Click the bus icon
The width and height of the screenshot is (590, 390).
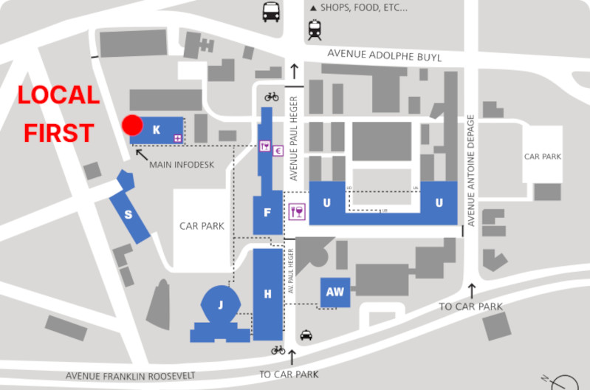pos(271,12)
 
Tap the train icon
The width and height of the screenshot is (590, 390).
pos(315,30)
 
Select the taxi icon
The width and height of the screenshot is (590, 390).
pos(306,335)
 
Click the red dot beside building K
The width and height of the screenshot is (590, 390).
pos(132,125)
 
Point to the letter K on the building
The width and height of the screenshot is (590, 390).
pos(157,130)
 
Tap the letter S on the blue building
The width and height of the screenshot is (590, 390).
pos(128,215)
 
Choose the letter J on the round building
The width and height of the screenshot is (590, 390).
pos(220,304)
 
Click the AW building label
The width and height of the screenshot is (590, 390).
pos(335,292)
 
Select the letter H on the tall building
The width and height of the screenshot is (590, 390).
pos(267,294)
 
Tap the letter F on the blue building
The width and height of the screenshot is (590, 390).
pos(267,213)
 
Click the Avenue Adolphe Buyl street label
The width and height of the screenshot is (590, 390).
pos(384,55)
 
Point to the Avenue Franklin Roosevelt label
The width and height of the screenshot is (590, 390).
pos(130,375)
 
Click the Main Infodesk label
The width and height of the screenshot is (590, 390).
pos(182,165)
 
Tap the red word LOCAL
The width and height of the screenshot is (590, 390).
pos(59,95)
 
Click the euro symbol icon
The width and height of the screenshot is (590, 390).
pos(278,151)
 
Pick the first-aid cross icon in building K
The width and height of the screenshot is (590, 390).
pos(177,138)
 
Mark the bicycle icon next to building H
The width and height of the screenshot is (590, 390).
pos(278,350)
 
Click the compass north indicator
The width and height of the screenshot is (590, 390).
pos(563,381)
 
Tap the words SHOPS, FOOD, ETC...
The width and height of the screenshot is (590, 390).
pos(365,8)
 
